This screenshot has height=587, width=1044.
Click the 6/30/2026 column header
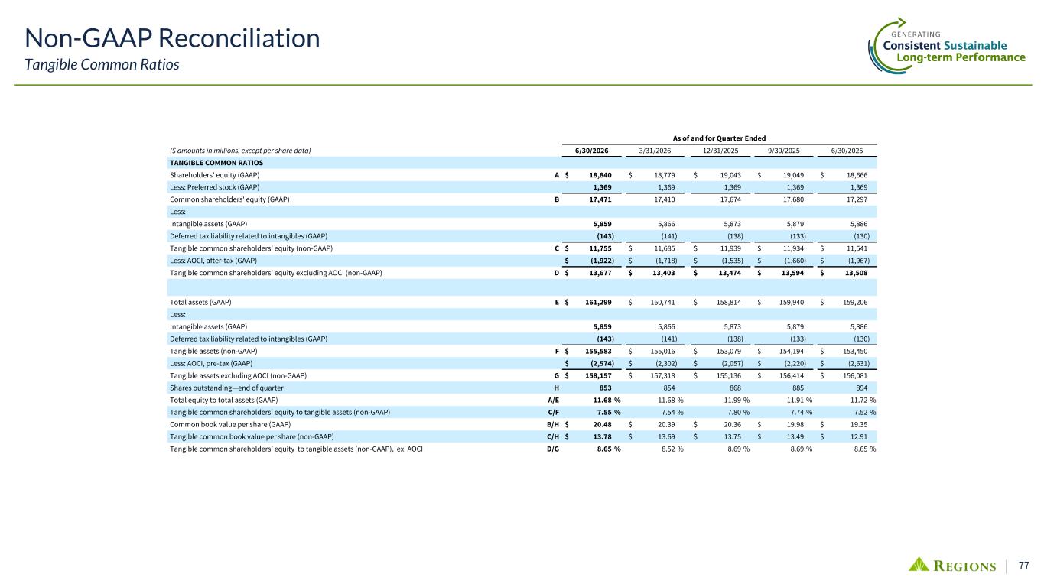point(591,151)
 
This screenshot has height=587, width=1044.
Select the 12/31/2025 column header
point(720,151)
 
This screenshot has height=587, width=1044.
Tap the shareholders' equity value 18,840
point(600,175)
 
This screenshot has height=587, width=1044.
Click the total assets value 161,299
point(598,303)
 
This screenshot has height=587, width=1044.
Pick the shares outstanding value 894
point(862,388)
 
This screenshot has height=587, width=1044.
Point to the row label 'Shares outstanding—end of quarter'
point(226,388)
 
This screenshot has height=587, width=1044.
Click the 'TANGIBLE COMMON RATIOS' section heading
point(216,163)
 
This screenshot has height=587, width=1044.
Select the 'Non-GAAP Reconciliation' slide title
point(172,38)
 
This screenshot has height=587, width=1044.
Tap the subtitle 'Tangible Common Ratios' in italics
point(102,64)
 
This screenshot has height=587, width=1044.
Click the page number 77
point(1024,565)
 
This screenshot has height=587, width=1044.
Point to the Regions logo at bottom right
point(952,565)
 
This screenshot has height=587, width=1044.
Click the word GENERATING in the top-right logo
point(916,34)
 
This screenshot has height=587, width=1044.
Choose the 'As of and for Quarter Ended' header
point(719,138)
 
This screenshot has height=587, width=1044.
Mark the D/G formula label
point(553,449)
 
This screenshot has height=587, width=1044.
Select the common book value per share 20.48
point(602,425)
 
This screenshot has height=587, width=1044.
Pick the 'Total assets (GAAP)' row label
point(200,303)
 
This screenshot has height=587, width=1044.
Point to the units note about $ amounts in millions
point(240,151)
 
